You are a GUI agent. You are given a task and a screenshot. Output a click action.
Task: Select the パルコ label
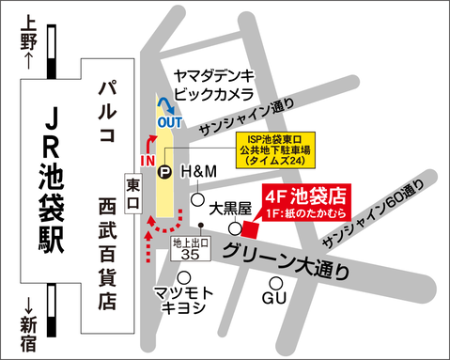click(x=107, y=112)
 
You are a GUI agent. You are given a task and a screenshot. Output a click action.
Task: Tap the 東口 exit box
click(x=132, y=192)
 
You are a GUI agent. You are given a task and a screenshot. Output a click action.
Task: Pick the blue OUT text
click(x=169, y=121)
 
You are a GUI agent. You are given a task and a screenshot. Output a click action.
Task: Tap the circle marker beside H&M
click(x=198, y=199)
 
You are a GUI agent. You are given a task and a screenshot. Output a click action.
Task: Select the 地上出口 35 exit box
click(x=191, y=248)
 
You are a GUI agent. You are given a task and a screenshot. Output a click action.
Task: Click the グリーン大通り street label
click(x=292, y=259)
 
